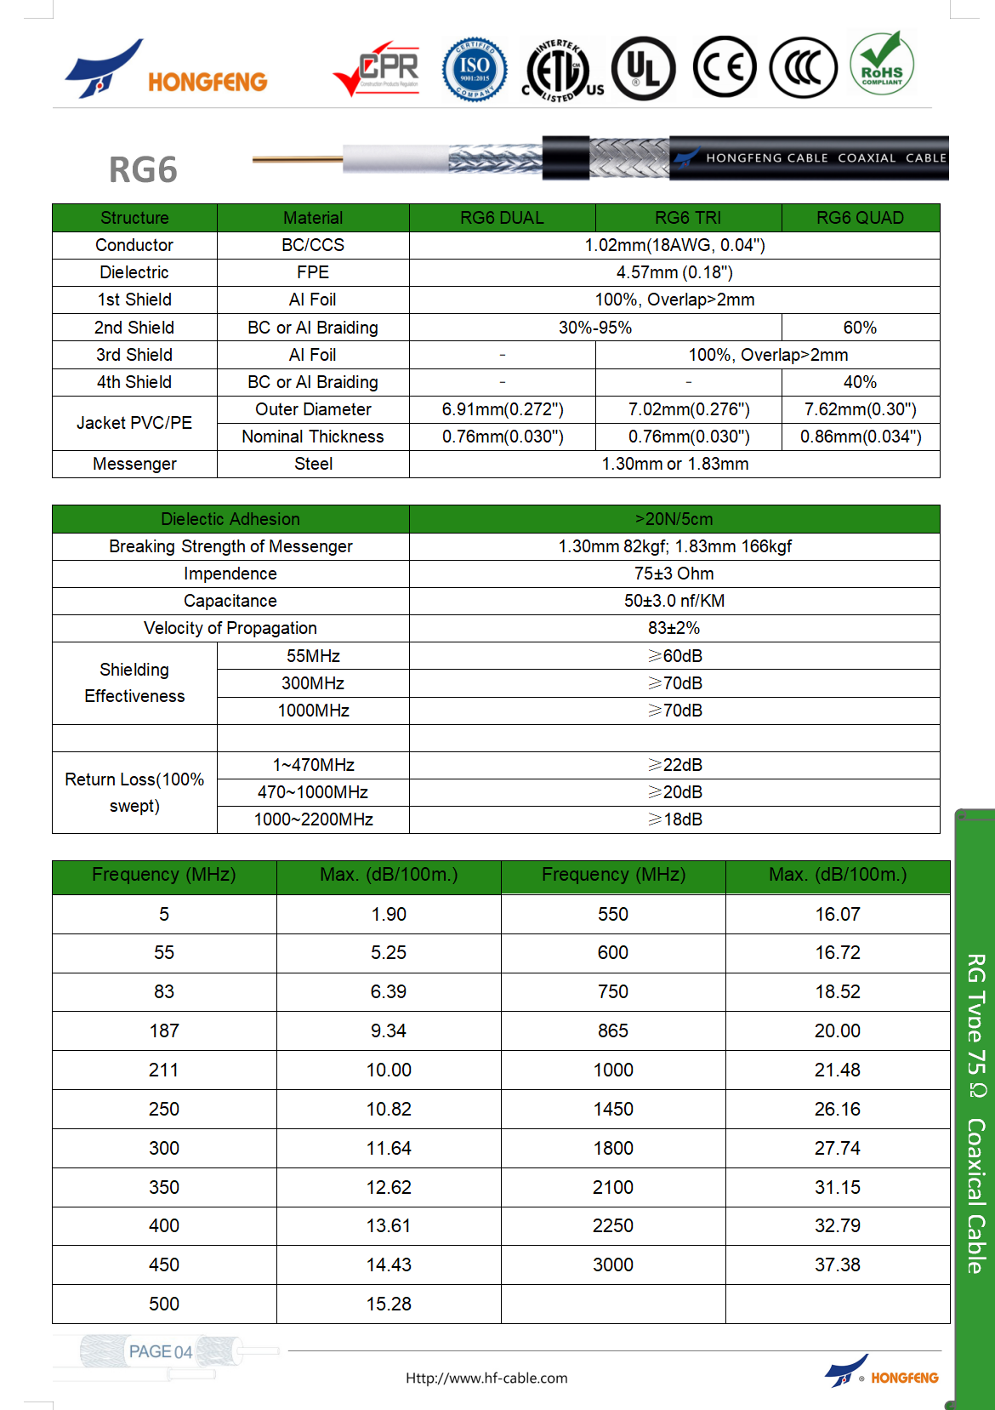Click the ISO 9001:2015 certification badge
tap(475, 69)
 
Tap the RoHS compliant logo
tap(882, 64)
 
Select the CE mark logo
tap(724, 67)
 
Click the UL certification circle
tap(644, 68)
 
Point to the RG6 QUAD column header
tap(860, 218)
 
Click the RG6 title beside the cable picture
tap(143, 170)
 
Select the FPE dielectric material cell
tap(313, 272)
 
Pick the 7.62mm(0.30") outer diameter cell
tap(860, 409)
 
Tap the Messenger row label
tap(134, 464)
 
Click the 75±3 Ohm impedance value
tap(674, 574)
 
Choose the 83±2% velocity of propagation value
tap(674, 628)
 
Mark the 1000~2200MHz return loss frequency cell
tap(313, 819)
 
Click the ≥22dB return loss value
tap(674, 765)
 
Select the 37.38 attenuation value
tap(837, 1264)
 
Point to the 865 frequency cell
tap(612, 1030)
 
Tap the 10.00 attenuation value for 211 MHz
tap(389, 1070)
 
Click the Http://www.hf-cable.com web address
tap(486, 1378)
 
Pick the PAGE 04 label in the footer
tap(160, 1351)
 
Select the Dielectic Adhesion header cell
tap(230, 519)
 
